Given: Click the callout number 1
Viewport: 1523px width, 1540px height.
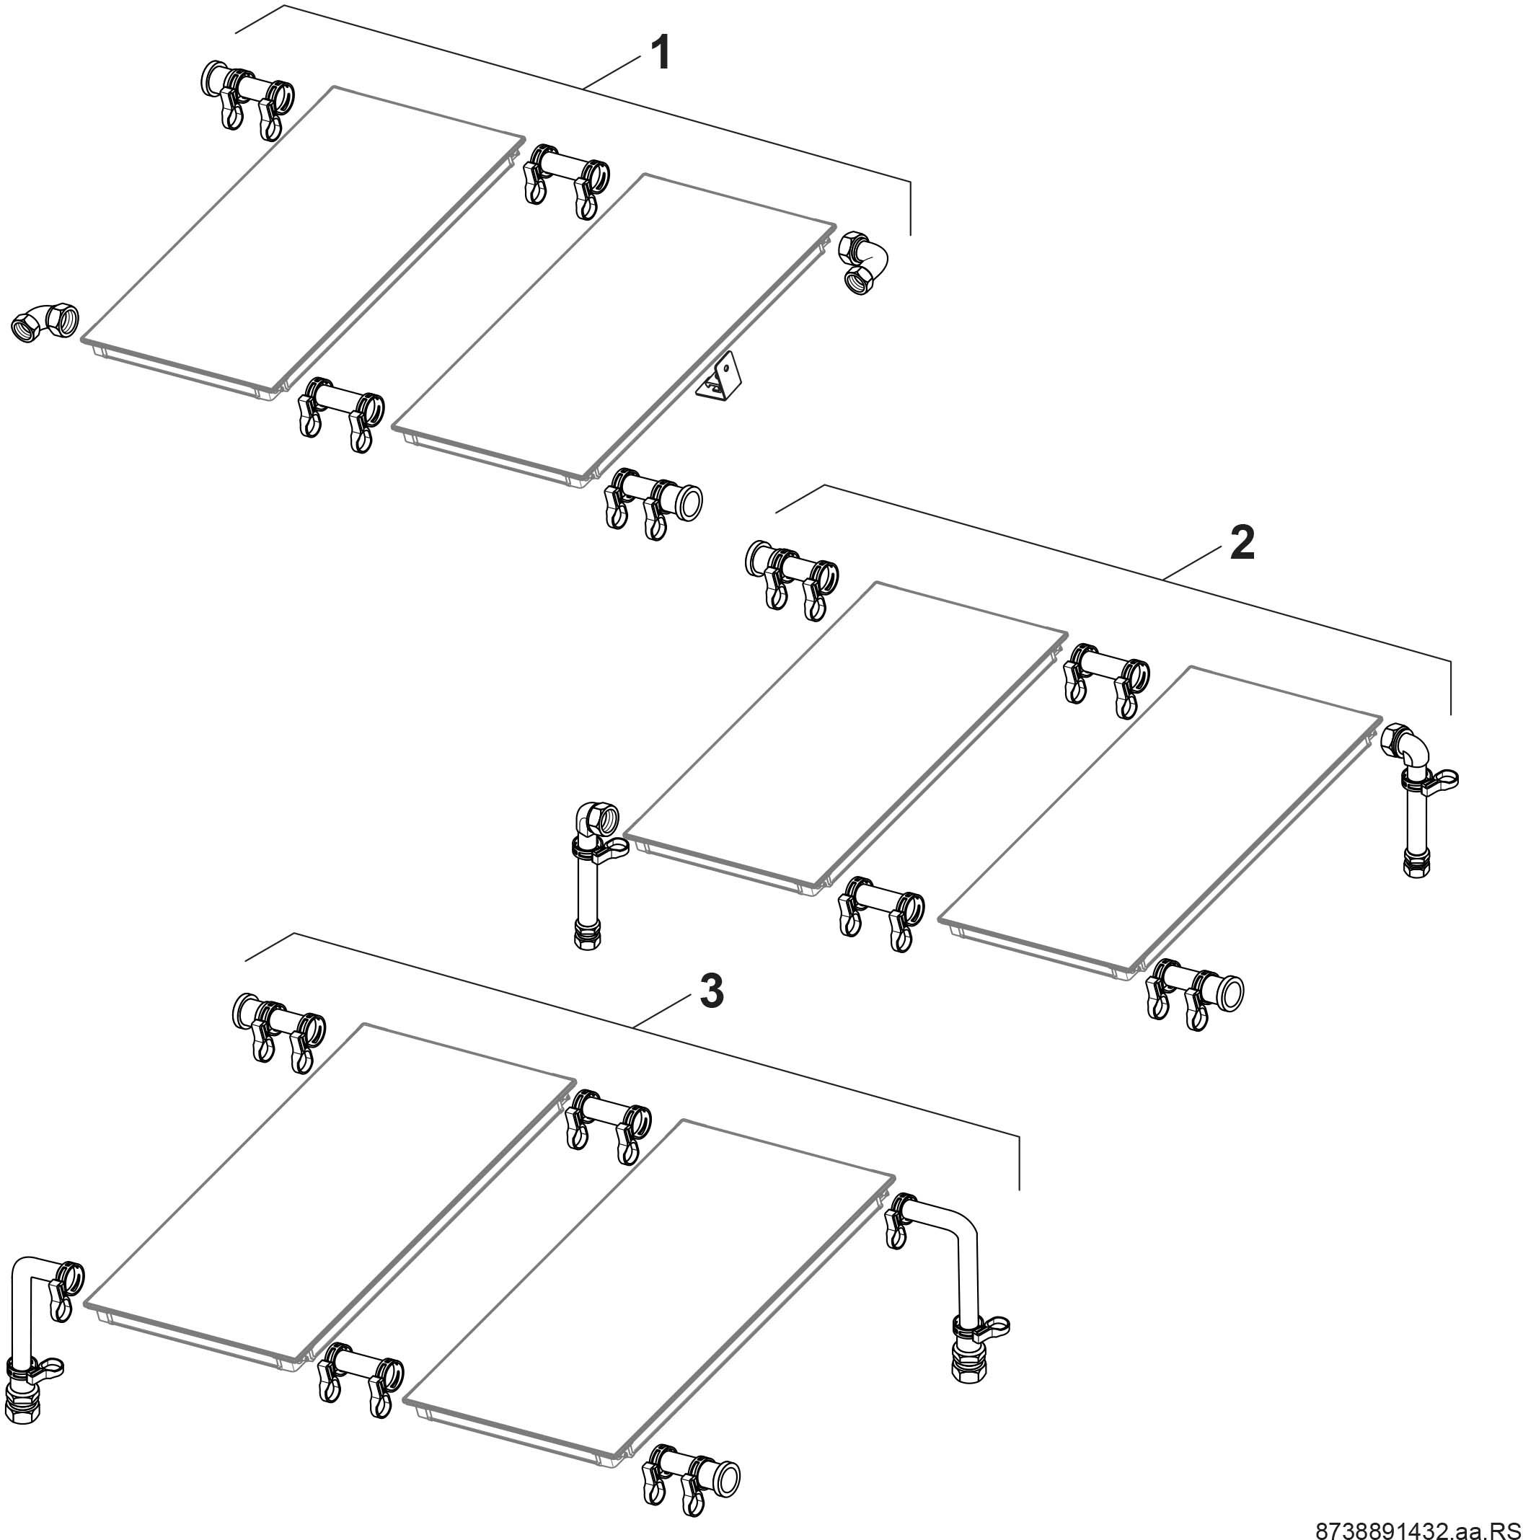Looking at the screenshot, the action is pyautogui.click(x=661, y=53).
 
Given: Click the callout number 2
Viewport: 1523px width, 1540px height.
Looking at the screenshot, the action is pyautogui.click(x=1242, y=543).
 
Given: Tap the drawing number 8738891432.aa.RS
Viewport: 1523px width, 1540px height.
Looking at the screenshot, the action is pyautogui.click(x=1418, y=1529).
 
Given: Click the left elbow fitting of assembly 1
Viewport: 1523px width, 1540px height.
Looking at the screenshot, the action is pyautogui.click(x=45, y=322).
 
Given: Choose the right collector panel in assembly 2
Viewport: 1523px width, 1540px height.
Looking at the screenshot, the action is pyautogui.click(x=1160, y=820).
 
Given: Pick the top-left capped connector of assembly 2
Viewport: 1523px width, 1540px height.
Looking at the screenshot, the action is pyautogui.click(x=790, y=578).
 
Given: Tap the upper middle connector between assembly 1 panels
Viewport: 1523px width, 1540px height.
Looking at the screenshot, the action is pyautogui.click(x=566, y=180).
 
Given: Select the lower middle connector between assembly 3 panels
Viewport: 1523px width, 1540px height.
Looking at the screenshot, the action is pyautogui.click(x=360, y=1388).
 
